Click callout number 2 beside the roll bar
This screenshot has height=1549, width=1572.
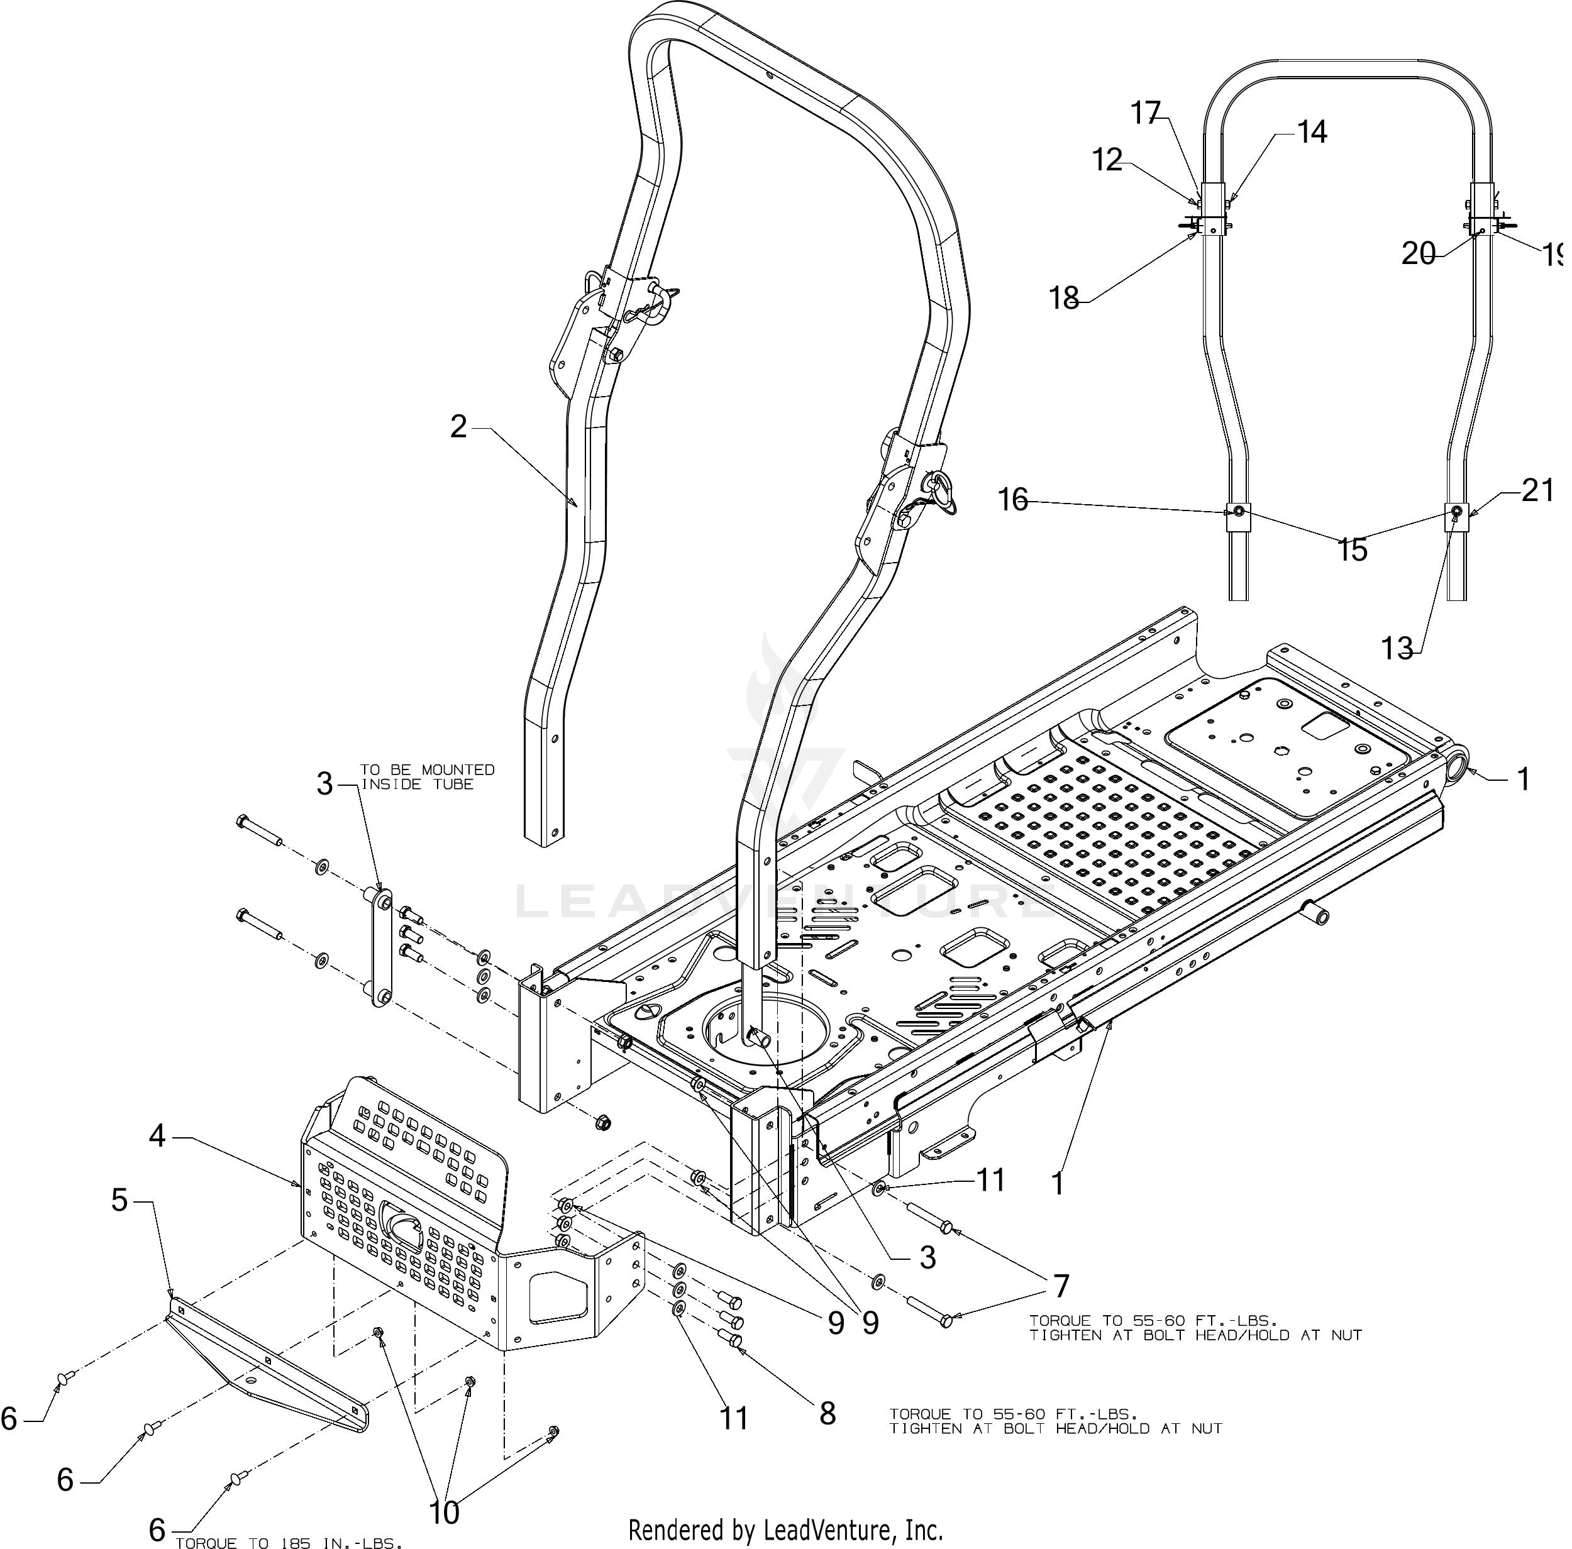click(x=460, y=426)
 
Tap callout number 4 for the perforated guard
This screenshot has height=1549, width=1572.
click(x=157, y=1135)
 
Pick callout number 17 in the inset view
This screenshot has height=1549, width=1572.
click(x=1146, y=113)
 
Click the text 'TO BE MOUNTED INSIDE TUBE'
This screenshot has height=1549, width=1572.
click(x=426, y=776)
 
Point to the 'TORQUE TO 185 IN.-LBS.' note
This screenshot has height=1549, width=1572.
click(x=289, y=1541)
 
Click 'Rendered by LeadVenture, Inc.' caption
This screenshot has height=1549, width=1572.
click(x=786, y=1530)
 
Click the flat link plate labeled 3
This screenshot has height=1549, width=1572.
click(x=382, y=948)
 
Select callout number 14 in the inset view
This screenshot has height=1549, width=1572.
click(x=1312, y=132)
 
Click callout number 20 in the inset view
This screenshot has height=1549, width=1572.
click(x=1418, y=255)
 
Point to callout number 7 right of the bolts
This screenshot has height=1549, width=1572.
click(x=1060, y=1286)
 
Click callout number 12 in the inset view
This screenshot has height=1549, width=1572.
click(x=1107, y=160)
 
